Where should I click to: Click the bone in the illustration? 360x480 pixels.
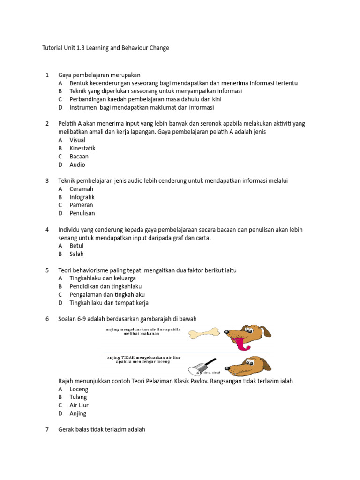(x=204, y=333)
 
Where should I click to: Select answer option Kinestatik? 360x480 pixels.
(x=82, y=148)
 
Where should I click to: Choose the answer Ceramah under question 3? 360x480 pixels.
(x=82, y=189)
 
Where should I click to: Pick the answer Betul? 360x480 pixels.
(x=76, y=246)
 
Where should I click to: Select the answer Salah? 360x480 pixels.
(x=76, y=254)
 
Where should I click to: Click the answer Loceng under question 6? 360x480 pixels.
(x=79, y=389)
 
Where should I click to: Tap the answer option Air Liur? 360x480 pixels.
(x=79, y=405)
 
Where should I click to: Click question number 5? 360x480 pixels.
(x=47, y=270)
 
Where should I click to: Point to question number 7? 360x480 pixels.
(x=47, y=429)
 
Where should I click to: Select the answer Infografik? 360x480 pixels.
(x=82, y=197)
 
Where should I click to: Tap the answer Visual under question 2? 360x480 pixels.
(x=77, y=140)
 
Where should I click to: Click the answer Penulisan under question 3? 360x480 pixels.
(x=82, y=213)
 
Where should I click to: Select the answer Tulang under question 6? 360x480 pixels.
(x=78, y=397)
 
